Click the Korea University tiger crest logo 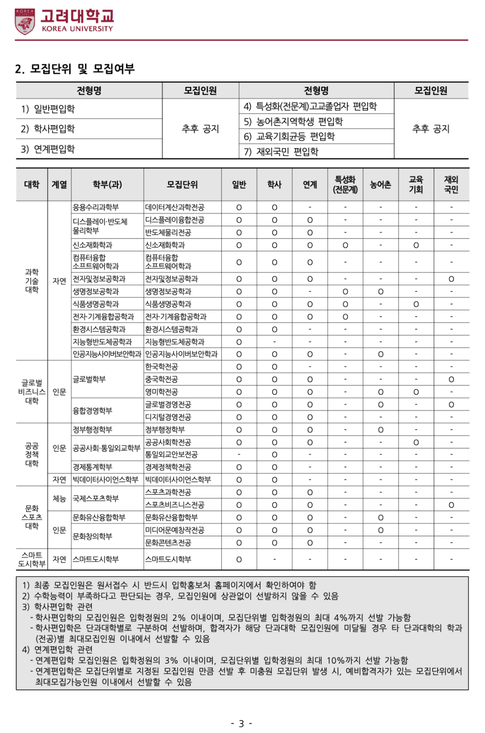pyautogui.click(x=25, y=22)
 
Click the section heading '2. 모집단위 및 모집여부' pyautogui.click(x=75, y=69)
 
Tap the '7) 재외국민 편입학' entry pyautogui.click(x=281, y=152)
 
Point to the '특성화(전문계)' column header pyautogui.click(x=345, y=184)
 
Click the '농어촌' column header pyautogui.click(x=381, y=184)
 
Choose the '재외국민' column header pyautogui.click(x=451, y=184)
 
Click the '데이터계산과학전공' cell pyautogui.click(x=175, y=207)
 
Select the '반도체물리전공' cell pyautogui.click(x=168, y=232)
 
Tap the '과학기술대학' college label pyautogui.click(x=32, y=280)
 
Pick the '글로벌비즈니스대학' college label pyautogui.click(x=32, y=392)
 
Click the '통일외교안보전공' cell pyautogui.click(x=171, y=454)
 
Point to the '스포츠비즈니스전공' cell pyautogui.click(x=175, y=504)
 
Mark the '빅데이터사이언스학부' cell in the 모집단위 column pyautogui.click(x=178, y=479)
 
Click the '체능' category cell pyautogui.click(x=59, y=498)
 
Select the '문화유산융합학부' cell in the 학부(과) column pyautogui.click(x=99, y=517)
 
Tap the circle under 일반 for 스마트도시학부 pyautogui.click(x=239, y=559)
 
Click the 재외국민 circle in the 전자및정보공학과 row pyautogui.click(x=451, y=279)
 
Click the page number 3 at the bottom pyautogui.click(x=241, y=723)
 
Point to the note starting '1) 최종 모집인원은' pyautogui.click(x=169, y=585)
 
